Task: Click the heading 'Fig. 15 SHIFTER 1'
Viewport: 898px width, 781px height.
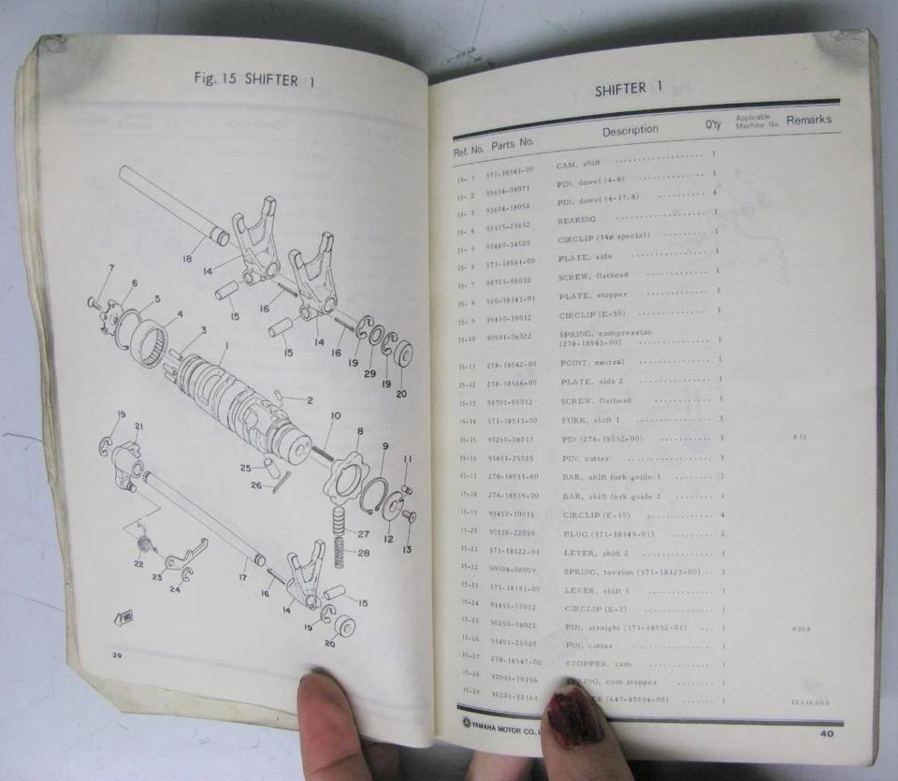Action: [x=254, y=79]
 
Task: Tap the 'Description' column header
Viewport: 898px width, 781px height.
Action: [x=630, y=131]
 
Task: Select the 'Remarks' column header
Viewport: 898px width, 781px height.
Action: [x=808, y=120]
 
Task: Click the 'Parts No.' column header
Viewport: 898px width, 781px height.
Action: [x=513, y=143]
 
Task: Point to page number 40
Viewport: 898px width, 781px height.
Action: [x=827, y=733]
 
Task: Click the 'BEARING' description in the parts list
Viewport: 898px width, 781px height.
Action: [x=576, y=220]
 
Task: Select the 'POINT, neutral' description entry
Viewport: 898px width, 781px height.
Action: [x=592, y=362]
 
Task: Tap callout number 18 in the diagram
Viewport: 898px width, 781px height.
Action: [x=188, y=259]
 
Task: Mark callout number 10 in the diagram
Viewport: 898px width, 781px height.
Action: [x=336, y=416]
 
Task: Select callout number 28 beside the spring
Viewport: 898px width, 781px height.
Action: [x=363, y=553]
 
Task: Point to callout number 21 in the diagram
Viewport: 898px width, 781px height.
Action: [x=138, y=427]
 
